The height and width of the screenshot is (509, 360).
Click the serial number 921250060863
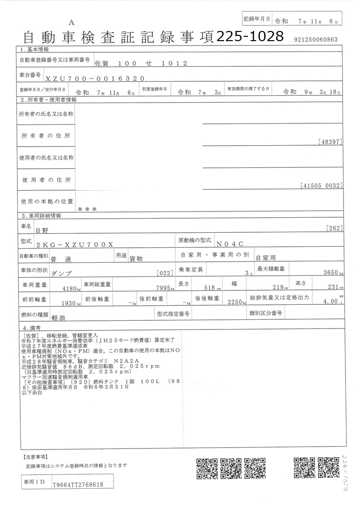pos(315,40)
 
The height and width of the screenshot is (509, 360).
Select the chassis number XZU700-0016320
pos(94,77)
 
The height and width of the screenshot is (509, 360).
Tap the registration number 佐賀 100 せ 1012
pos(138,63)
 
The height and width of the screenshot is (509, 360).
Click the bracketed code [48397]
pos(330,142)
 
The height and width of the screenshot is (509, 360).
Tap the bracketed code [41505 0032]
pos(321,185)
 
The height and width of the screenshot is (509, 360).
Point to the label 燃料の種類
pos(33,315)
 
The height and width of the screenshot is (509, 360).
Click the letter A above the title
pos(71,22)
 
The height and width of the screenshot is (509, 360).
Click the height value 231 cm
pos(331,287)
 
